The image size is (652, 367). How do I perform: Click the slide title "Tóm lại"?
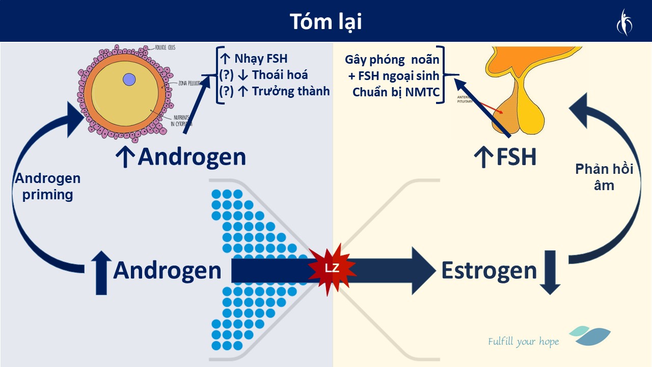(x=326, y=22)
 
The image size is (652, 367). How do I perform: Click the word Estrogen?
(x=489, y=270)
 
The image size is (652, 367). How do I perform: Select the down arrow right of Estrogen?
(x=550, y=272)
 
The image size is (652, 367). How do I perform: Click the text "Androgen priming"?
(x=47, y=187)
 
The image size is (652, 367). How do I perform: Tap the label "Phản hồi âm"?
(x=604, y=177)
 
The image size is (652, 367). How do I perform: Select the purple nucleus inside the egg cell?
(x=129, y=80)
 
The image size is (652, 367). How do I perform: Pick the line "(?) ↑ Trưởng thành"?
(x=274, y=91)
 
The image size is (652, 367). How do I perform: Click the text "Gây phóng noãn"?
(x=392, y=59)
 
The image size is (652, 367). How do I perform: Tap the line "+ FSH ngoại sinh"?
(x=397, y=76)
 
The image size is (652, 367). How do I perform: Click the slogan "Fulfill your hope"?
(x=523, y=342)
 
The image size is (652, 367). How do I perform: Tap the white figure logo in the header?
(x=623, y=22)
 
